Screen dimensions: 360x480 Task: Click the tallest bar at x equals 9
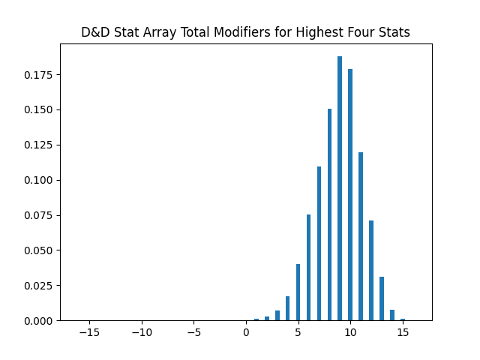pos(340,187)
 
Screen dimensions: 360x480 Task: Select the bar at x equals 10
pos(350,195)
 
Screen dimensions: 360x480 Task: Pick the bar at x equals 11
pos(361,236)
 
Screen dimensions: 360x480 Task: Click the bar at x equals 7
pos(319,244)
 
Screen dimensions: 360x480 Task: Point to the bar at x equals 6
pos(308,268)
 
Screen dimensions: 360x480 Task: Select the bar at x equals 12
pos(371,271)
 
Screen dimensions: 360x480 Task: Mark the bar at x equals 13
pos(382,298)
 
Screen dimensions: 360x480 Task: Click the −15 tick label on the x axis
pos(89,332)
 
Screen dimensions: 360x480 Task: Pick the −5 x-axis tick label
pos(193,332)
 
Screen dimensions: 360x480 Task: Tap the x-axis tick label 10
pos(350,332)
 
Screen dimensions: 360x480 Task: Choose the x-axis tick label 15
pos(403,332)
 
